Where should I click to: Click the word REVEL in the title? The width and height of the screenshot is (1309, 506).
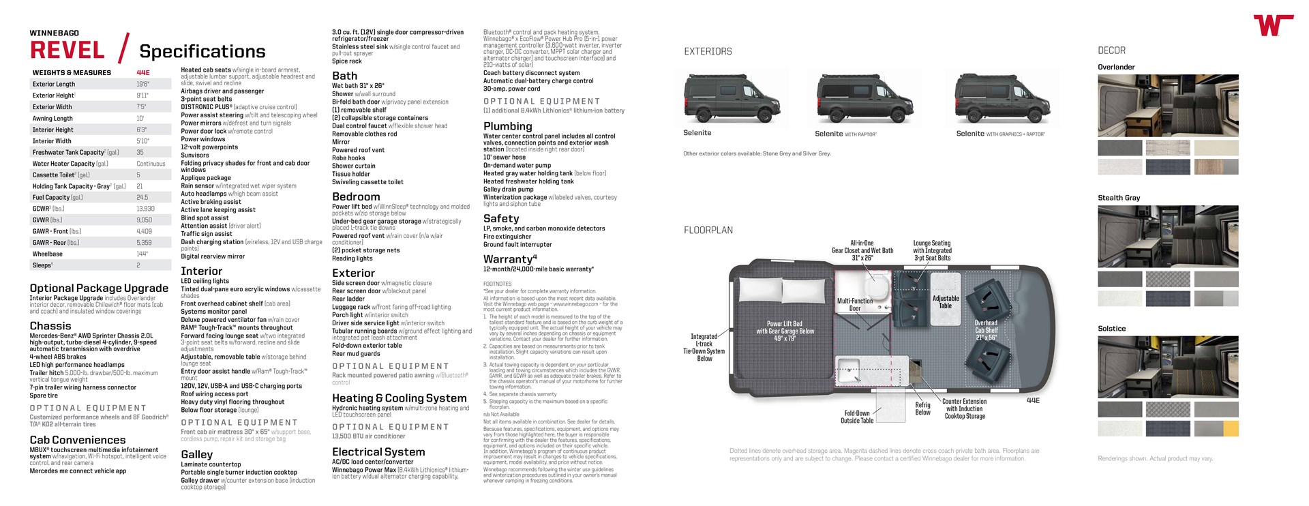tap(67, 50)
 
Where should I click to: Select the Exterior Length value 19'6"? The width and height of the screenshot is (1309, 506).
tap(142, 85)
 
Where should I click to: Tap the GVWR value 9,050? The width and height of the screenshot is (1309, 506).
tap(144, 220)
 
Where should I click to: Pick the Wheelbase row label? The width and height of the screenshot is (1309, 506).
tap(48, 254)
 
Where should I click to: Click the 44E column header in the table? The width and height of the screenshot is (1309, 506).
tap(143, 72)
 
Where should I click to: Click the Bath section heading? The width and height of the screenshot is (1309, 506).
tap(344, 76)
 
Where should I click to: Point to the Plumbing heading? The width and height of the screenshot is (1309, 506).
tap(507, 126)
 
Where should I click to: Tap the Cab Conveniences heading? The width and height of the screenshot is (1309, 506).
tap(78, 440)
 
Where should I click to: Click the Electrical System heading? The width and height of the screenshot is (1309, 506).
tap(378, 451)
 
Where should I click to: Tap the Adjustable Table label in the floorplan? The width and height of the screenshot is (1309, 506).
tap(946, 302)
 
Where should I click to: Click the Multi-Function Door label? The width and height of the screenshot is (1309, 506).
tap(855, 304)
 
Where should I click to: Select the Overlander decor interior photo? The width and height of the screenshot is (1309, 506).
tap(1168, 105)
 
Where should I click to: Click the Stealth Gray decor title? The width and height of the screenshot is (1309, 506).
tap(1119, 198)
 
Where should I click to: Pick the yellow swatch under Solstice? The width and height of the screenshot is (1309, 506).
tap(1231, 429)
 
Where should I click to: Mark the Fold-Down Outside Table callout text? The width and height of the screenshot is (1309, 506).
tap(857, 417)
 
